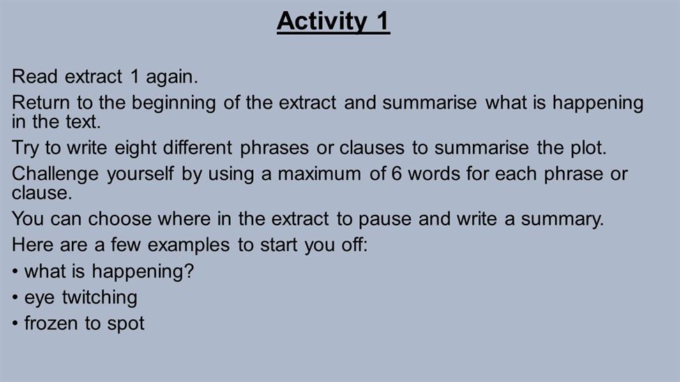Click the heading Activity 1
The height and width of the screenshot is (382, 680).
333,21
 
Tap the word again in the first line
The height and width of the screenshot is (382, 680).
172,77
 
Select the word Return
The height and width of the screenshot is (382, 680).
40,102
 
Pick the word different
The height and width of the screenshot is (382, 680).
198,148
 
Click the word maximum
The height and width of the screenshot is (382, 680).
319,174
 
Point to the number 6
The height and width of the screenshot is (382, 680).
396,174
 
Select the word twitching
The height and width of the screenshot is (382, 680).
100,298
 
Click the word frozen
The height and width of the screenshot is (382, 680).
51,323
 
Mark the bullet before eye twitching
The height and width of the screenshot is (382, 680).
15,298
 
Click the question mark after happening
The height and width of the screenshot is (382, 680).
189,271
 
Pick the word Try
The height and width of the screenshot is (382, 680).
25,148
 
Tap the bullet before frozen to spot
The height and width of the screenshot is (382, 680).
15,324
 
